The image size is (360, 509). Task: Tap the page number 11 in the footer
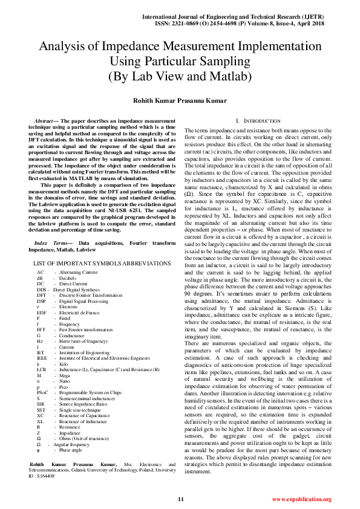180,499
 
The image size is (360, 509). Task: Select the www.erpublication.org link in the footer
301,499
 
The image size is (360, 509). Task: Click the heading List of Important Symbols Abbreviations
102,264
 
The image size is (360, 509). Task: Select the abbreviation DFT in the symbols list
41,295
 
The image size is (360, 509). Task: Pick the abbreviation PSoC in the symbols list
42,392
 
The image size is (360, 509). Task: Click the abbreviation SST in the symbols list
41,409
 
